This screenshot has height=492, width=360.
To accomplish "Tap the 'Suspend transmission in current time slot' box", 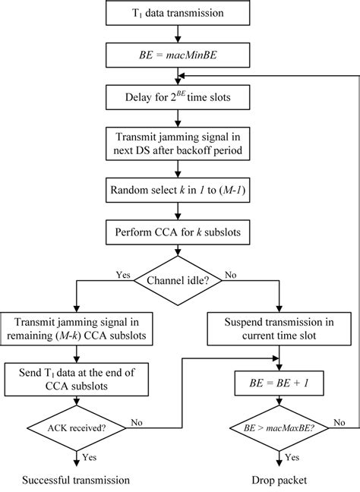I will point(283,327).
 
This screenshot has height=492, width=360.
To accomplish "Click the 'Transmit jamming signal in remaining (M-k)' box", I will point(76,327).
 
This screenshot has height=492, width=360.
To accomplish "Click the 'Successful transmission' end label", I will point(76,480).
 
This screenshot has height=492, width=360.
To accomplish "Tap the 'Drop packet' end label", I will point(283,480).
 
